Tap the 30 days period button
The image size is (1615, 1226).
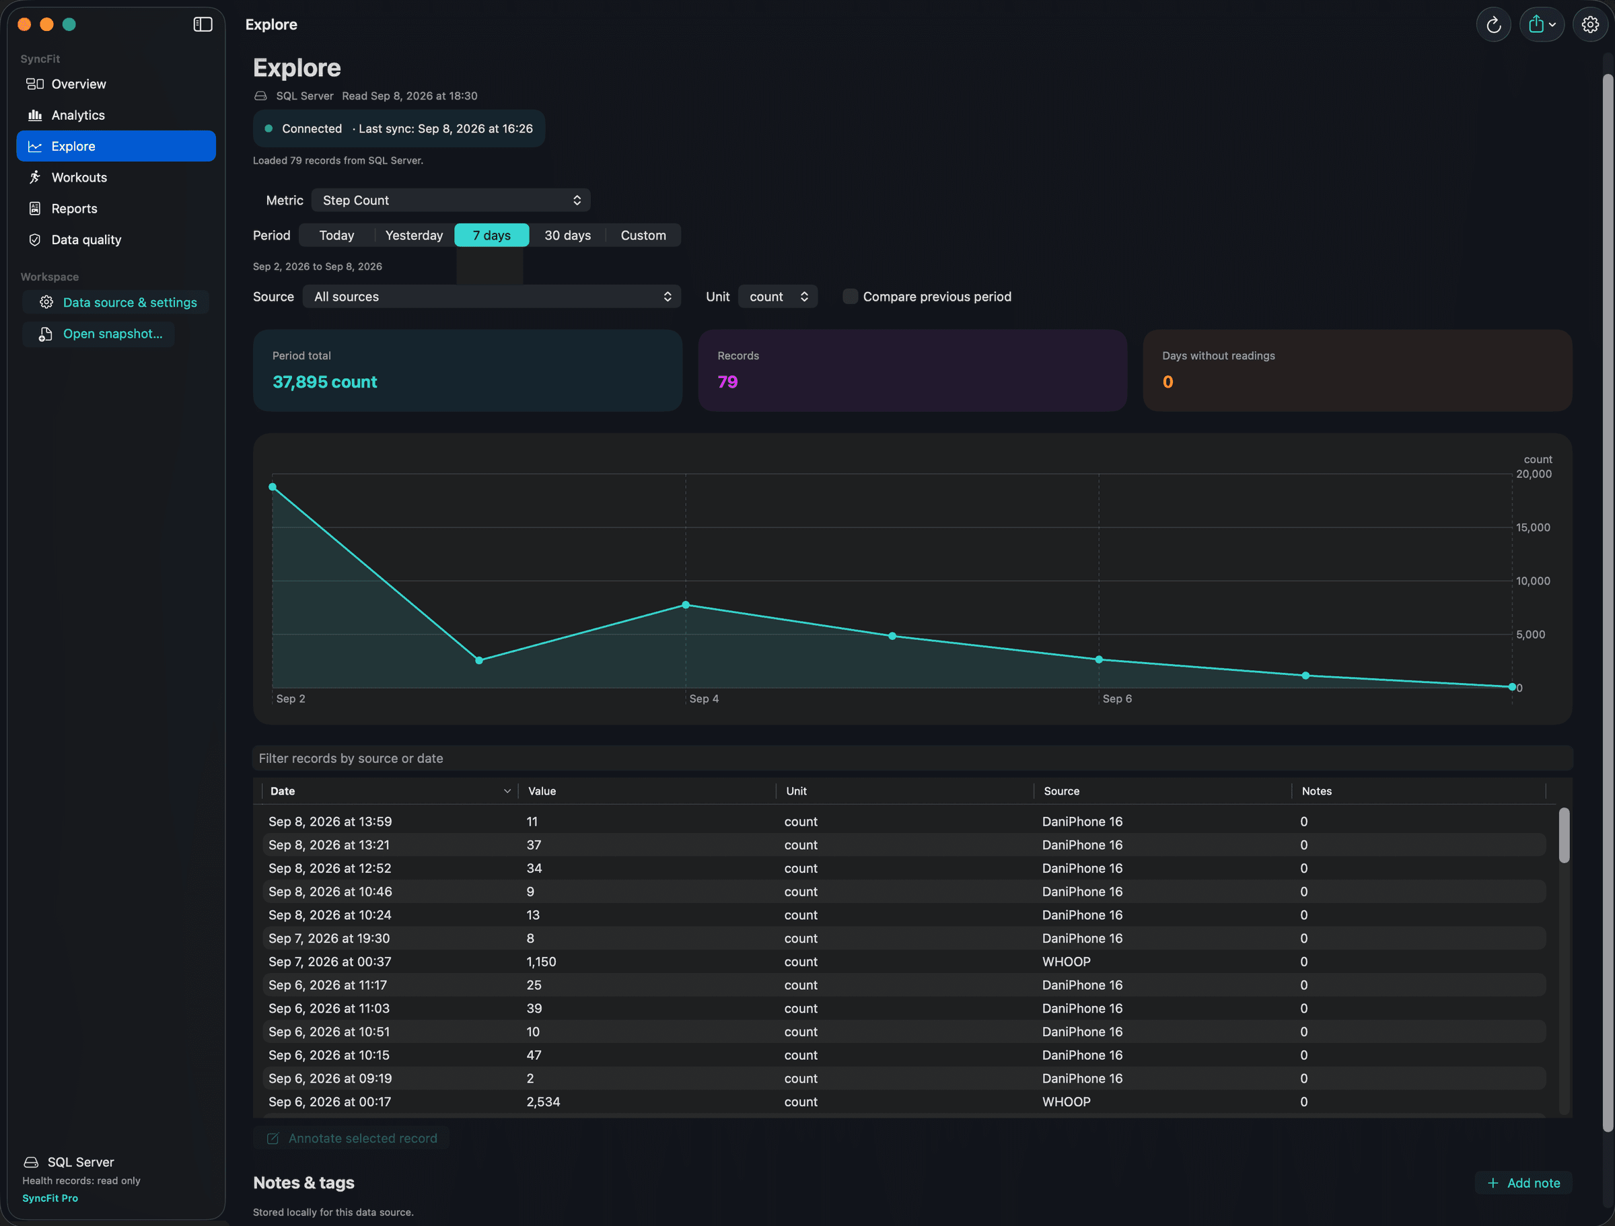pyautogui.click(x=567, y=235)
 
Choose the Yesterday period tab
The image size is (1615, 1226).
pyautogui.click(x=414, y=235)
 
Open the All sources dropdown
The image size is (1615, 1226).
pyautogui.click(x=492, y=297)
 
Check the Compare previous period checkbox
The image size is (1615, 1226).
pyautogui.click(x=850, y=297)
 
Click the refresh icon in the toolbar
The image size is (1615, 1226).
pyautogui.click(x=1494, y=25)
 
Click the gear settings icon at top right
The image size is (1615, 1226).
pyautogui.click(x=1590, y=25)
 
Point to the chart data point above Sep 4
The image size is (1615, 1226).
pyautogui.click(x=686, y=605)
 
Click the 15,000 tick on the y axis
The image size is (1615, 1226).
pyautogui.click(x=1532, y=527)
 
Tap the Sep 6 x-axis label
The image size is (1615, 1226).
pyautogui.click(x=1117, y=699)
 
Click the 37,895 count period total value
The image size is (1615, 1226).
pyautogui.click(x=325, y=382)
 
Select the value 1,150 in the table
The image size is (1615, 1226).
pyautogui.click(x=541, y=962)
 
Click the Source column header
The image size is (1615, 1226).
pyautogui.click(x=1062, y=791)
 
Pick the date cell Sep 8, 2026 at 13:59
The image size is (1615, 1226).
pyautogui.click(x=330, y=822)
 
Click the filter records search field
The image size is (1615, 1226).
pyautogui.click(x=912, y=758)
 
